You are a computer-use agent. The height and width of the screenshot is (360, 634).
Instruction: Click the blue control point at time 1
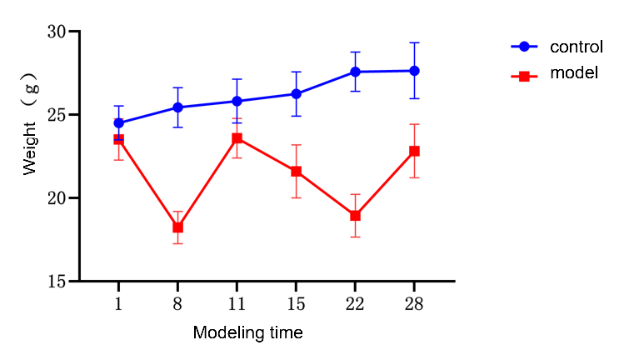coord(119,122)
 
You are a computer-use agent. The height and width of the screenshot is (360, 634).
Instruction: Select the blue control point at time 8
coord(177,107)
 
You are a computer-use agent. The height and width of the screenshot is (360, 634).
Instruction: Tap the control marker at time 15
coord(296,93)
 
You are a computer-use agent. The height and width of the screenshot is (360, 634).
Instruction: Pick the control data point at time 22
coord(355,72)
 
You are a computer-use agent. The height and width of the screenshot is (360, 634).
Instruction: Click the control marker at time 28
coord(414,71)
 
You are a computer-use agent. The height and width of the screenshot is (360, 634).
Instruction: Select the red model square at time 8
coord(177,227)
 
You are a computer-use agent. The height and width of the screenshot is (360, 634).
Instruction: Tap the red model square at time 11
coord(237,138)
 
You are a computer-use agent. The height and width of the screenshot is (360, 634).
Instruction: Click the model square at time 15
coord(296,172)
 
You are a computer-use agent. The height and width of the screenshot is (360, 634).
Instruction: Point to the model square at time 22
coord(355,215)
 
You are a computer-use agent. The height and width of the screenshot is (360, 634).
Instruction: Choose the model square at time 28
coord(414,151)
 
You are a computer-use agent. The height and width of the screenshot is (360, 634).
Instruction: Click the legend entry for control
coord(576,47)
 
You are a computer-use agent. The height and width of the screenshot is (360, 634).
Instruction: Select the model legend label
coord(574,73)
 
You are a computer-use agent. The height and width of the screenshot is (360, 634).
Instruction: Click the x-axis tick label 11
coord(237,304)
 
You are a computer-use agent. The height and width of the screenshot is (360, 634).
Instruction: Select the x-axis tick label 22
coord(355,304)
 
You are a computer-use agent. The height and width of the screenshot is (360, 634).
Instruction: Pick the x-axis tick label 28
coord(414,304)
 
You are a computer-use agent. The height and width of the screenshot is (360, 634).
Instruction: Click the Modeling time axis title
coord(247,333)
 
